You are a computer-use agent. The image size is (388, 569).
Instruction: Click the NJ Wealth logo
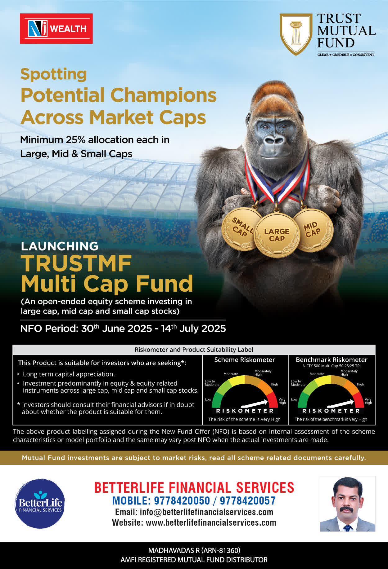click(56, 29)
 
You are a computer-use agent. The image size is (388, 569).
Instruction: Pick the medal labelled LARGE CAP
click(277, 235)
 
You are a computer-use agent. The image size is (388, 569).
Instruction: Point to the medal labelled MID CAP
click(313, 230)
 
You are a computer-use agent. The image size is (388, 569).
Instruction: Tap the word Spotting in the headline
click(54, 75)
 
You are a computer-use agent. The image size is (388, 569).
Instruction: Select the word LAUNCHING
click(60, 246)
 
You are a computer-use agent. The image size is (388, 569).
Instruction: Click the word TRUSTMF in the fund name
click(76, 263)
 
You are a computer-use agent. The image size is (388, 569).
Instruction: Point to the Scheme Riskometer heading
click(245, 360)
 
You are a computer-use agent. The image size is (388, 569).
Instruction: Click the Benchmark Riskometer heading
click(332, 360)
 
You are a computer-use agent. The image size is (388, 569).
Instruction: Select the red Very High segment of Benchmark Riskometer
click(359, 399)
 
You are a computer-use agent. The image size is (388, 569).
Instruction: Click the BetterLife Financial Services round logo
click(40, 504)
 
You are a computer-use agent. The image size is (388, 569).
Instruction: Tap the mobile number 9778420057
click(248, 501)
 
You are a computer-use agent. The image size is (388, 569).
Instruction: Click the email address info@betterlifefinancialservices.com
click(206, 512)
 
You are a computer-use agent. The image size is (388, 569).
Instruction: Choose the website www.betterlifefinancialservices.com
click(211, 523)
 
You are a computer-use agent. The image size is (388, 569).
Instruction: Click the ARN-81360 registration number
click(221, 550)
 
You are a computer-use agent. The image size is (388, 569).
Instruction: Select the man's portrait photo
click(348, 504)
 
